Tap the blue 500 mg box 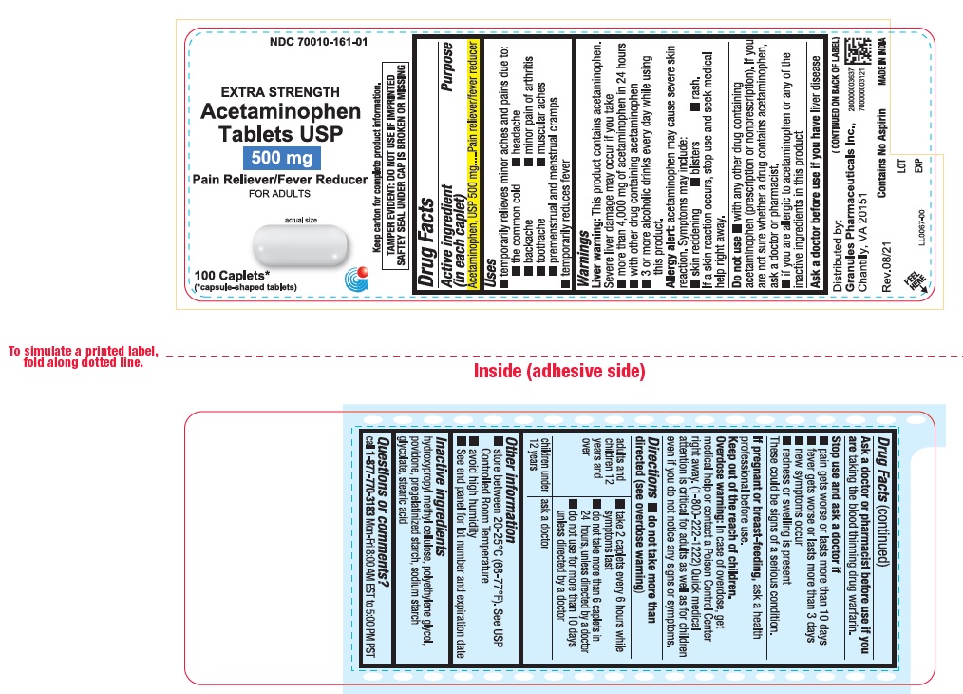pos(279,158)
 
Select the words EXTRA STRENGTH pos(279,92)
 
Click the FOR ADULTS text pos(279,194)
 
